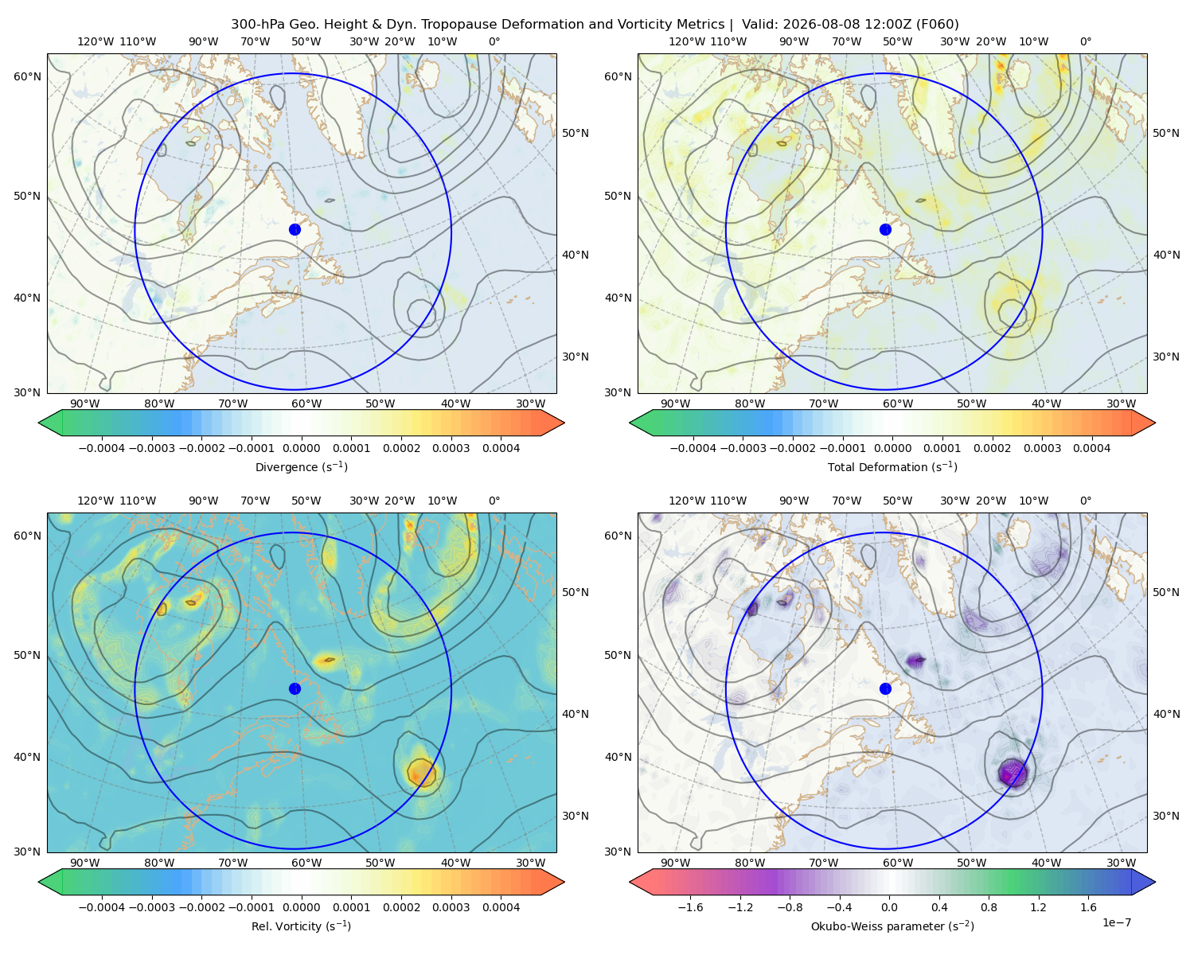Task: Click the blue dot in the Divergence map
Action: click(295, 229)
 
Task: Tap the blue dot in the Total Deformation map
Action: click(885, 229)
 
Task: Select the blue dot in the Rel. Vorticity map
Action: click(295, 688)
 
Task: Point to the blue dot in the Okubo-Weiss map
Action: click(885, 688)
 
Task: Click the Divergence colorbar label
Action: click(301, 466)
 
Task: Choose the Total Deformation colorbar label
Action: click(892, 466)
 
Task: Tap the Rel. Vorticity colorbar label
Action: click(301, 926)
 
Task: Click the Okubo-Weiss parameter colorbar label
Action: click(892, 926)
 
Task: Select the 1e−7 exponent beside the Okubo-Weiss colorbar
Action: click(1116, 922)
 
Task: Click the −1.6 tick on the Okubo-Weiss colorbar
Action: click(690, 906)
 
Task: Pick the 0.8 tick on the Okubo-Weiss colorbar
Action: click(989, 906)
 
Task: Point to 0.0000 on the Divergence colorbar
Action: click(301, 448)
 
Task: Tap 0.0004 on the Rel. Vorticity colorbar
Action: click(501, 906)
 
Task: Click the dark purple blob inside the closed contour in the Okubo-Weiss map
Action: click(1013, 773)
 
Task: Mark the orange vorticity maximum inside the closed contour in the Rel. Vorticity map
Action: click(422, 773)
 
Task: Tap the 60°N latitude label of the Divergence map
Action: click(27, 76)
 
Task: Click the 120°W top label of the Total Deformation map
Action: click(686, 41)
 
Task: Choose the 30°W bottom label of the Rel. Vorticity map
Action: click(530, 863)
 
